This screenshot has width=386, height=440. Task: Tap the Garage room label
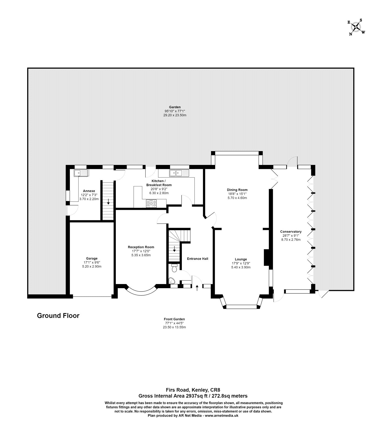(x=92, y=258)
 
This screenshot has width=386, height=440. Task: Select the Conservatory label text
(x=291, y=232)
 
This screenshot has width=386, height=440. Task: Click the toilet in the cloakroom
(x=174, y=268)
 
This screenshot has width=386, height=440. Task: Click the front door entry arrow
(x=197, y=288)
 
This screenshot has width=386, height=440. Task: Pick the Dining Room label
(x=237, y=190)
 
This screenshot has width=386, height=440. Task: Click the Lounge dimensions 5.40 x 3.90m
(x=241, y=267)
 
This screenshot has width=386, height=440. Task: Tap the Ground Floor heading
(x=58, y=316)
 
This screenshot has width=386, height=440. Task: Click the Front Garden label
(x=174, y=319)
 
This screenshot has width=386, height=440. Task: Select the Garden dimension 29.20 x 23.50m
(x=175, y=115)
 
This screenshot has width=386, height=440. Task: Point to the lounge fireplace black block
(x=266, y=258)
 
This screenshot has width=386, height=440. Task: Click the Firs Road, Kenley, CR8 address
(x=193, y=390)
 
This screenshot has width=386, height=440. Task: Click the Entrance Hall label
(x=198, y=258)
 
